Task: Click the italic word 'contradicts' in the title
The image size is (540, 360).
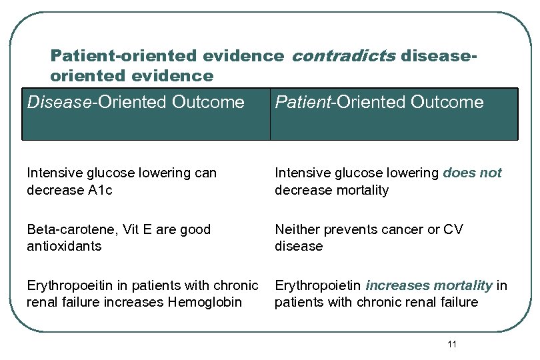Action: (343, 55)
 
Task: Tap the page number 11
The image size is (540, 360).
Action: (453, 344)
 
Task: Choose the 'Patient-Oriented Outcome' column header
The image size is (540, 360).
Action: (379, 103)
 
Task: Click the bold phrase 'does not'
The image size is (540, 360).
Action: (472, 173)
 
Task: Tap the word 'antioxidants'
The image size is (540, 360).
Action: (64, 246)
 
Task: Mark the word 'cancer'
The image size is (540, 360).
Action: (402, 229)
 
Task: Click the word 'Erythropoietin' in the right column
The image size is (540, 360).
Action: (317, 285)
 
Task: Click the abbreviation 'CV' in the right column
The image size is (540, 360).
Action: (453, 229)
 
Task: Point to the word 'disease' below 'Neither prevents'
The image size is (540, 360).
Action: (298, 246)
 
